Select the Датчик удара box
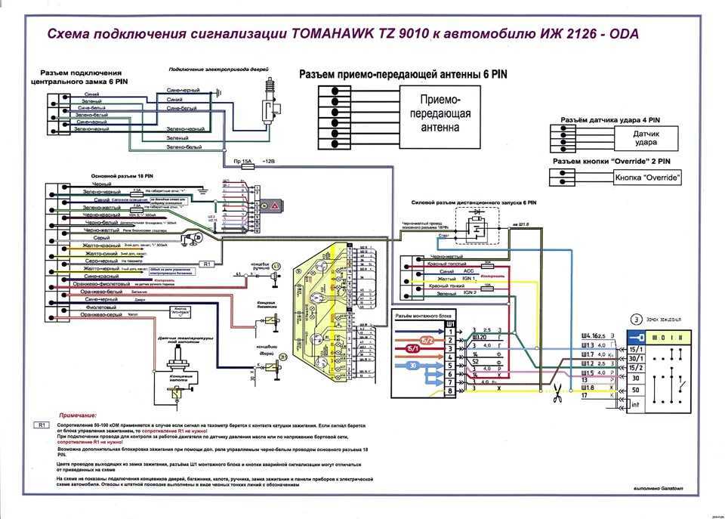(644, 138)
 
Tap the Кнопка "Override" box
(647, 178)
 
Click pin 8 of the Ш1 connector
(451, 391)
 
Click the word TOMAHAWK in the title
(338, 35)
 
